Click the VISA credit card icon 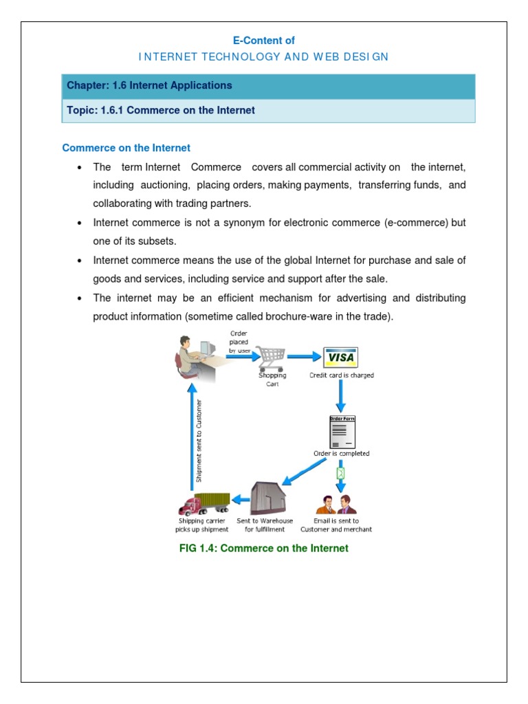340,357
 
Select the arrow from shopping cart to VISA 303,357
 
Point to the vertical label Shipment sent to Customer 199,440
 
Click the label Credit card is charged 342,375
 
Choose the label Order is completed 342,453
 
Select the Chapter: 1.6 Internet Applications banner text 149,86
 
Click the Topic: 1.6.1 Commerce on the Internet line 161,110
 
